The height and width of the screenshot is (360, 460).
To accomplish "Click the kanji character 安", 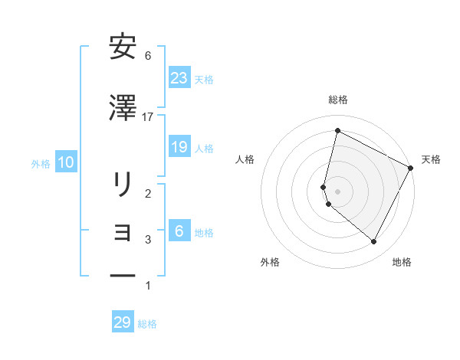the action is [x=123, y=47].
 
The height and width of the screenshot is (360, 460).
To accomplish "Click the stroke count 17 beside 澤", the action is [x=148, y=116].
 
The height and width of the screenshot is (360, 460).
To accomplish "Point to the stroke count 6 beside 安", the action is [x=148, y=56].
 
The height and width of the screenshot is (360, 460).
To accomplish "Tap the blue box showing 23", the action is [x=179, y=77].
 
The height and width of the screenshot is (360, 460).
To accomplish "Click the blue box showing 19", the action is [x=179, y=147].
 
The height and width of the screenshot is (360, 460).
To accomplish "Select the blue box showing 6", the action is [x=179, y=231].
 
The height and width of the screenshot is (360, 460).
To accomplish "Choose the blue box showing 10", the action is [x=66, y=162].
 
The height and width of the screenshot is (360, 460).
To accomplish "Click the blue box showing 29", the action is [x=123, y=322].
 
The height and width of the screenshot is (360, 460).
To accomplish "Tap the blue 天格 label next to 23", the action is [x=204, y=79].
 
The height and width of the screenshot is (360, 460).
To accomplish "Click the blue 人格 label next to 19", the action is [x=204, y=149].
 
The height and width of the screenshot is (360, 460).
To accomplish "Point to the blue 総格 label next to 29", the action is [x=147, y=324].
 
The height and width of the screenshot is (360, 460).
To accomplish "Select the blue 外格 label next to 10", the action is [x=41, y=164].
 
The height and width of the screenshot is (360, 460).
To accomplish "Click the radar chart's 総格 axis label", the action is [x=338, y=100].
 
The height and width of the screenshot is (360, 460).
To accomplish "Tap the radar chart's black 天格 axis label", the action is [x=431, y=159].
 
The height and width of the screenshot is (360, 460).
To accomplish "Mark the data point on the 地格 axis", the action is [x=374, y=242].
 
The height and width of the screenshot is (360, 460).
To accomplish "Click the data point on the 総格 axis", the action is [x=337, y=131].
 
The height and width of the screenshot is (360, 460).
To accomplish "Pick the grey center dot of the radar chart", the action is [x=337, y=191].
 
